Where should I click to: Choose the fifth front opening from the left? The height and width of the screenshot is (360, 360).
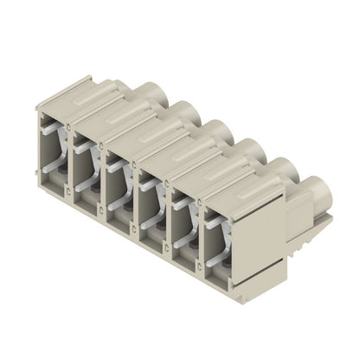click(x=184, y=222)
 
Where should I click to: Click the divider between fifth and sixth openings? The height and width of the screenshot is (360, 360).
click(x=200, y=235)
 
